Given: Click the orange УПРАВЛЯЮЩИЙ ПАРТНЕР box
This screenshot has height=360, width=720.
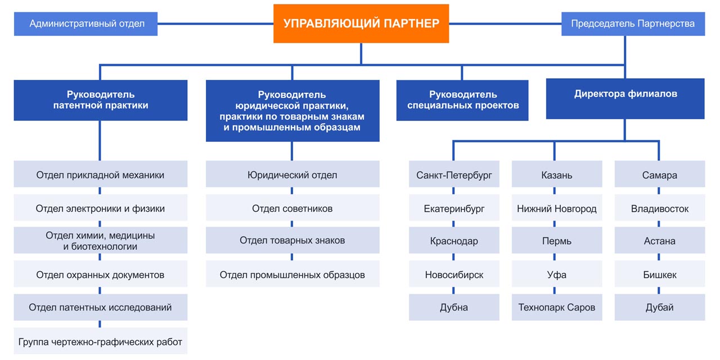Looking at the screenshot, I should [361, 24].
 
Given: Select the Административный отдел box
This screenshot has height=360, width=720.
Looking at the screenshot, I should [86, 24].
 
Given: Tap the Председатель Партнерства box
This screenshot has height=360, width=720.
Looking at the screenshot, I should [633, 24].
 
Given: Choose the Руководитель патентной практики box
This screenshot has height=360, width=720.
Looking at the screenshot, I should [100, 100].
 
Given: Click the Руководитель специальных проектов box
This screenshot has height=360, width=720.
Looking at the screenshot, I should [462, 100].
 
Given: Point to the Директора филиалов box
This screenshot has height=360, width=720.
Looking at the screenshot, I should [625, 98].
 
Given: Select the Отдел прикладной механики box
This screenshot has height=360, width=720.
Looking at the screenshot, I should [100, 175].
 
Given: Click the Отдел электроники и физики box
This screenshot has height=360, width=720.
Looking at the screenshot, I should [100, 208].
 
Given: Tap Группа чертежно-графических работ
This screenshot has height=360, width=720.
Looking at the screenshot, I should [100, 341].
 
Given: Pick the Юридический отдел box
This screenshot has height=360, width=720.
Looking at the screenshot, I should [292, 175].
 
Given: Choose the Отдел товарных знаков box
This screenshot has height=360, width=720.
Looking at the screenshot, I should [292, 241].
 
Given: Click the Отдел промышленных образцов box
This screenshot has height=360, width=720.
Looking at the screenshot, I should [292, 274].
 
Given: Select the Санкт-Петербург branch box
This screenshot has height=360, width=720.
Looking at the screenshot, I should [454, 175].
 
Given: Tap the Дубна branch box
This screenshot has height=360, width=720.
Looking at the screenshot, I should [454, 308].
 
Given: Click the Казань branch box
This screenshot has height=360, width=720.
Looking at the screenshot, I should [556, 175].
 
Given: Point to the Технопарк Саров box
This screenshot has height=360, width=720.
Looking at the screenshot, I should [556, 308].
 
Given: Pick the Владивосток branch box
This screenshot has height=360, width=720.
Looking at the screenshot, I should [659, 208].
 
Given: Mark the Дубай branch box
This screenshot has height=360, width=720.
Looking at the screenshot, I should [659, 308].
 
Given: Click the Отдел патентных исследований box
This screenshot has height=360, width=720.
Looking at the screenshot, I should [100, 308].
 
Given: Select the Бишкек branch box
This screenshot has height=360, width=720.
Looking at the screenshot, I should [659, 274].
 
